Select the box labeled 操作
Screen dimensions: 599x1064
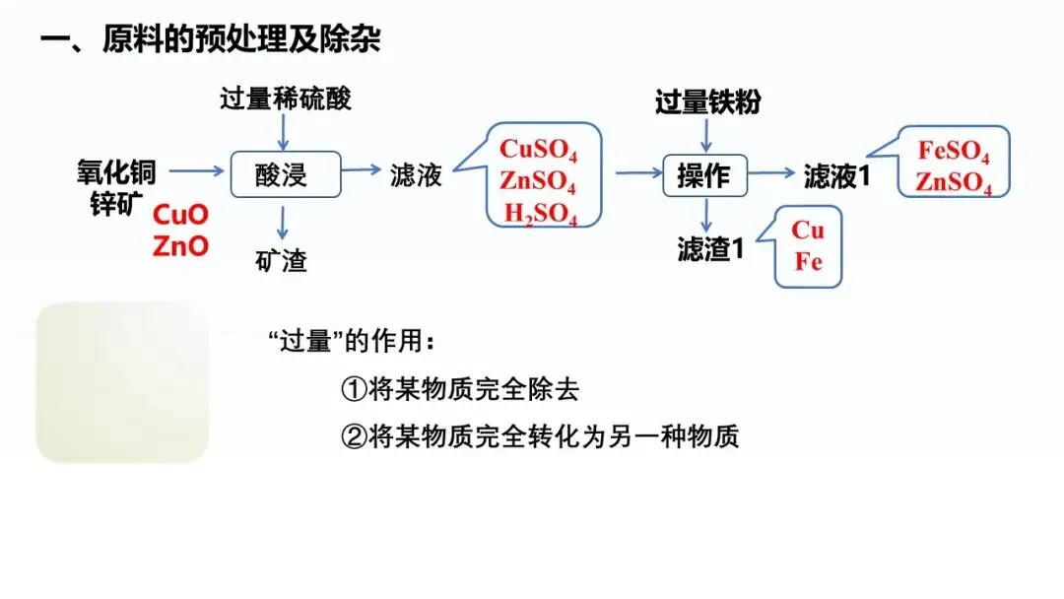[x=704, y=174]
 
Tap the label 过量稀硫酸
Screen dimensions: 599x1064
[x=286, y=99]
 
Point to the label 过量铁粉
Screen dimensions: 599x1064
[x=708, y=101]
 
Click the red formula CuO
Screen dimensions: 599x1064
[x=182, y=213]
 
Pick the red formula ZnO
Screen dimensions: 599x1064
[x=181, y=245]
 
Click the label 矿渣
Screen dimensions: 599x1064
[x=281, y=260]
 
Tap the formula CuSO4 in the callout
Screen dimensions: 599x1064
[x=538, y=150]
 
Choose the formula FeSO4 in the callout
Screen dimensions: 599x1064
[x=954, y=152]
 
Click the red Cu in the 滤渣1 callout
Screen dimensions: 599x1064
[x=808, y=231]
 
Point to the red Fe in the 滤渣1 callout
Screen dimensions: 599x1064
[x=808, y=263]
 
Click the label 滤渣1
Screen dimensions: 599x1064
[x=710, y=249]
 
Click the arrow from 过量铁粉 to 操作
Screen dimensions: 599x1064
[x=706, y=135]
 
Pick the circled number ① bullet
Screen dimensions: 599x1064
[x=354, y=389]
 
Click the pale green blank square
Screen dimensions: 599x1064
[x=122, y=382]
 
